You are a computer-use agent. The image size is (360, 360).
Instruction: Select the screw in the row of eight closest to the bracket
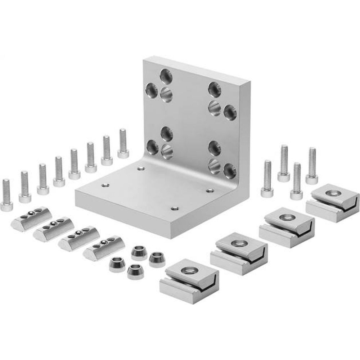tap(123, 144)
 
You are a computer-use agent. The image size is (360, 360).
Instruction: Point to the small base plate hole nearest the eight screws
tap(105, 185)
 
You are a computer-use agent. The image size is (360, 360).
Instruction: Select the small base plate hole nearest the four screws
tap(208, 190)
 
